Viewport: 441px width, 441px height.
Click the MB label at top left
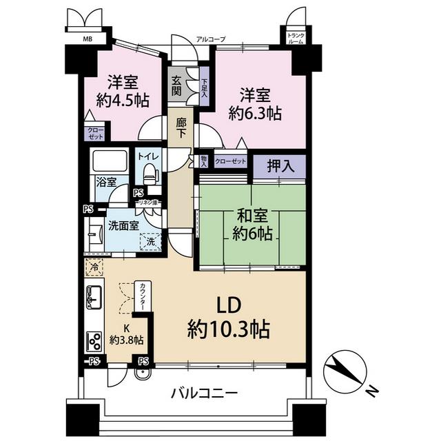click(x=88, y=39)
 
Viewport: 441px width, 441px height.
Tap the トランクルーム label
click(x=296, y=39)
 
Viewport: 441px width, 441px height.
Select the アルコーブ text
click(x=211, y=39)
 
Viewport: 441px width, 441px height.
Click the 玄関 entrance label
click(x=176, y=86)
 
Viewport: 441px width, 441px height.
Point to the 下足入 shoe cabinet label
click(x=204, y=88)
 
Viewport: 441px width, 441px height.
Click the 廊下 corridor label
click(x=181, y=127)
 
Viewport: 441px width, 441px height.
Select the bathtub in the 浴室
click(x=110, y=161)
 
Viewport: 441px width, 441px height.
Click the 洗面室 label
click(x=123, y=225)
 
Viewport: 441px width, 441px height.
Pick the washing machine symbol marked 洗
click(x=151, y=241)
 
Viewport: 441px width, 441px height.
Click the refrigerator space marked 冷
click(x=94, y=267)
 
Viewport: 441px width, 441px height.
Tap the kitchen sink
click(x=94, y=297)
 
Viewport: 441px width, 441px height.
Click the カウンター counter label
click(x=143, y=296)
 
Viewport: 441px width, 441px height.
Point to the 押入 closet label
click(x=280, y=166)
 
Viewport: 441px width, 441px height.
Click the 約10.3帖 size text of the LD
click(x=228, y=329)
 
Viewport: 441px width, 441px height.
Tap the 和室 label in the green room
click(x=252, y=216)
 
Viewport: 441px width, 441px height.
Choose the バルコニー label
click(x=205, y=393)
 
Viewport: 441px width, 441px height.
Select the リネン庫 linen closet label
click(x=148, y=202)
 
